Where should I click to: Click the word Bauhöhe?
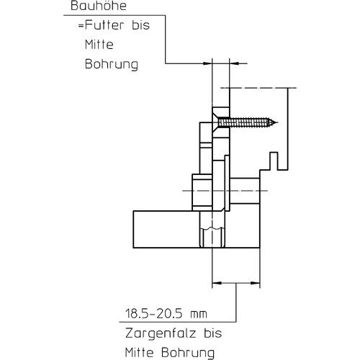99,6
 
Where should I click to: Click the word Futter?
104,25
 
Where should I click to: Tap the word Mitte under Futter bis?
99,45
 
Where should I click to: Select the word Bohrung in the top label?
112,64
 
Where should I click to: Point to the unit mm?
199,315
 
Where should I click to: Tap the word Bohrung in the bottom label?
188,353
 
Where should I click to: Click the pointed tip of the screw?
276,122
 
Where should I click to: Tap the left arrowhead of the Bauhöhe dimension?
207,63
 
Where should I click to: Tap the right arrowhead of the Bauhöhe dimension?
234,63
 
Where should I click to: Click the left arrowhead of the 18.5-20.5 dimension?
217,284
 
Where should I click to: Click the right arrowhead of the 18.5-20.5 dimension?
256,284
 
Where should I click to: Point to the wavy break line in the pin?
212,228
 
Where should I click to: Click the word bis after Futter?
140,25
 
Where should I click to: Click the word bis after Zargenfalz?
213,333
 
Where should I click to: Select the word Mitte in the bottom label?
139,353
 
